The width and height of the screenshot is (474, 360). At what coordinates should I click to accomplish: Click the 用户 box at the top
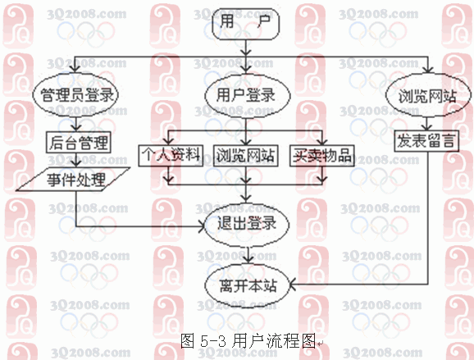click(245, 23)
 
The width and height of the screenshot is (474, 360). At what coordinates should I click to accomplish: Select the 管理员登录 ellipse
click(75, 94)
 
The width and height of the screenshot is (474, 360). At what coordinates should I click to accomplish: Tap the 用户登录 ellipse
click(248, 95)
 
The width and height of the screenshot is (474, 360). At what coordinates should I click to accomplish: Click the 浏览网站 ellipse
click(428, 95)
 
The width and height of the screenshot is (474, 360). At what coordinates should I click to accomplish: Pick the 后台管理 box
click(79, 142)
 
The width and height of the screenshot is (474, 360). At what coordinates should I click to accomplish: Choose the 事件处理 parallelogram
click(73, 180)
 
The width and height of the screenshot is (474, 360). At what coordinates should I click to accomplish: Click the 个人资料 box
click(171, 156)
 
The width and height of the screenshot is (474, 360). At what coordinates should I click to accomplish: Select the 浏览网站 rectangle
click(246, 156)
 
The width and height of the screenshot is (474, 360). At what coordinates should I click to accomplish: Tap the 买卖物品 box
click(322, 156)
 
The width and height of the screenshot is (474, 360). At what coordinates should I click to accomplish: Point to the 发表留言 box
click(426, 140)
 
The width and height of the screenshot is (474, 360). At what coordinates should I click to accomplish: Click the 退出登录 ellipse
click(247, 224)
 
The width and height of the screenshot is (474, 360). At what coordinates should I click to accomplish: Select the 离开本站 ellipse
click(248, 285)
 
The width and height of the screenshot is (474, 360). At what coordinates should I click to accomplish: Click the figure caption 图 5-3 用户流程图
click(248, 341)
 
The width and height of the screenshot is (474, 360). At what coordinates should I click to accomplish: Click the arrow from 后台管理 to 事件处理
click(76, 160)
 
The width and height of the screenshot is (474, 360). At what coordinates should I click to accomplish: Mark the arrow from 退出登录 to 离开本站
click(248, 255)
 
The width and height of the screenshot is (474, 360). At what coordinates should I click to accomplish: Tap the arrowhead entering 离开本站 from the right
click(293, 285)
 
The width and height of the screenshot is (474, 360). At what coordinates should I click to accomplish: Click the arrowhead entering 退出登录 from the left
click(202, 226)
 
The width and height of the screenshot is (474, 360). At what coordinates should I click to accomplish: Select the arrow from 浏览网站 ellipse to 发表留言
click(426, 124)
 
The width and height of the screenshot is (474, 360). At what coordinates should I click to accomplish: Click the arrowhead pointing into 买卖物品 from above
click(322, 142)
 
